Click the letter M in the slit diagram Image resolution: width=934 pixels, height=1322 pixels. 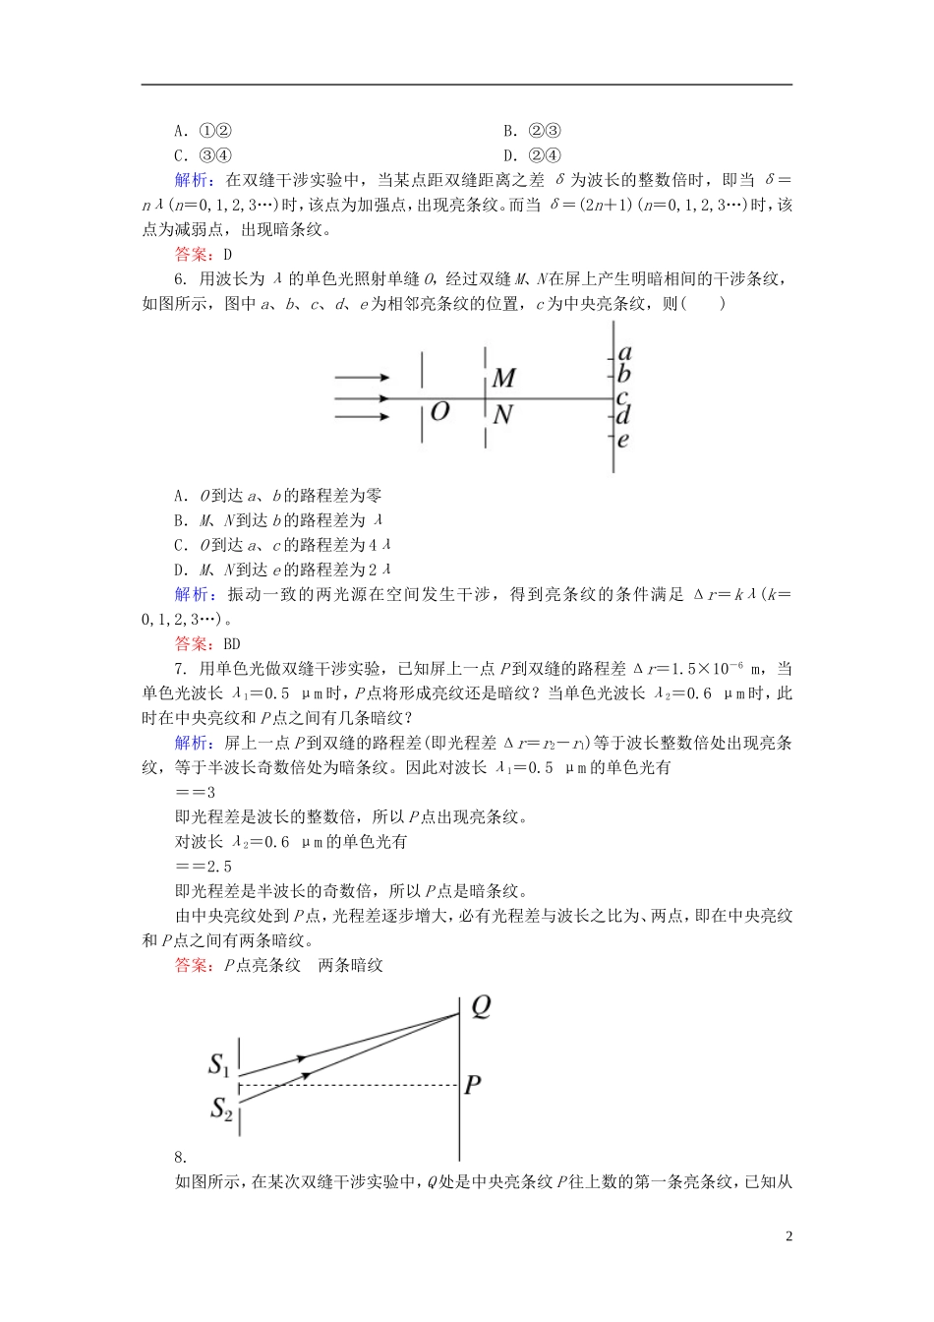pos(503,378)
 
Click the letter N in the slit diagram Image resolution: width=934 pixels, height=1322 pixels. pos(502,415)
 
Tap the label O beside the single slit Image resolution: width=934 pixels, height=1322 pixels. pos(440,410)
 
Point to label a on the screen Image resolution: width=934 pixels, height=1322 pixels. pos(624,352)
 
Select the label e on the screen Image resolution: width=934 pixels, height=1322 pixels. pos(623,440)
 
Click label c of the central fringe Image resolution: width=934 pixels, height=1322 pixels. pos(622,396)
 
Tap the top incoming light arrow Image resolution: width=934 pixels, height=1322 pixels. pos(362,377)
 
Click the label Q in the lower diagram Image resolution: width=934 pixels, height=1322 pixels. pos(480,1006)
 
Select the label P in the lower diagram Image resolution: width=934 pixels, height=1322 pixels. pos(473,1085)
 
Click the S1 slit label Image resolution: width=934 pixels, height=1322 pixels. pos(219,1064)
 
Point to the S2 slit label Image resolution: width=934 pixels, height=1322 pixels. pos(221,1110)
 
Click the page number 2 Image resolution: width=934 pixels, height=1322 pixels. pos(788,1236)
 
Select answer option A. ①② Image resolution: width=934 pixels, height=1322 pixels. pos(203,131)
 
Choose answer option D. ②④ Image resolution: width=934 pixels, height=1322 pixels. pos(532,155)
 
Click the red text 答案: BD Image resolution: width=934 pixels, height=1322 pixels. pos(207,644)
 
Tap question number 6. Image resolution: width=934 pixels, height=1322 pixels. pos(180,279)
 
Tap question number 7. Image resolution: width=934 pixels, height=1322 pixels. pos(180,669)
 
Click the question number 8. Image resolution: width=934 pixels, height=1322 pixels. pos(180,1157)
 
